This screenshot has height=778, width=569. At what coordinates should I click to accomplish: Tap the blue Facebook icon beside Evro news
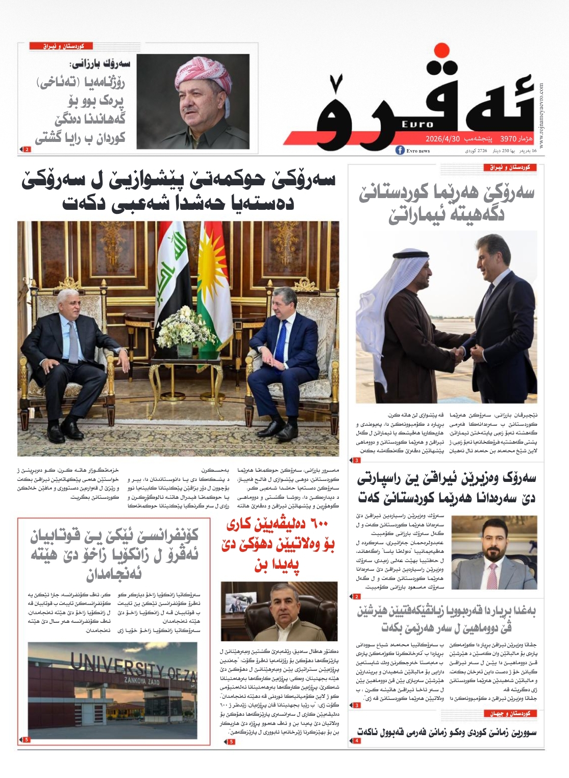400,151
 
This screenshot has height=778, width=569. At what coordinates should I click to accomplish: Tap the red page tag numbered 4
357,740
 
